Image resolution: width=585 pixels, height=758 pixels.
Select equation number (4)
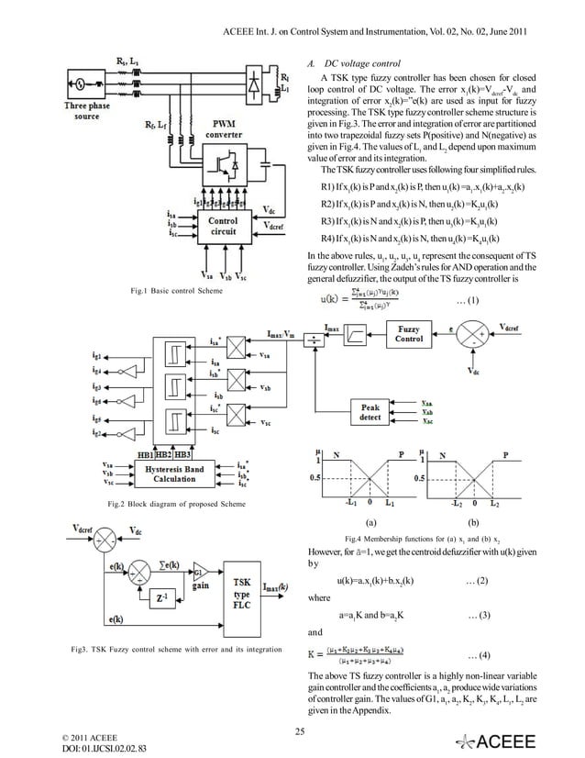[478, 656]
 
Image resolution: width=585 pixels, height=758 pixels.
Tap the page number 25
[299, 730]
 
